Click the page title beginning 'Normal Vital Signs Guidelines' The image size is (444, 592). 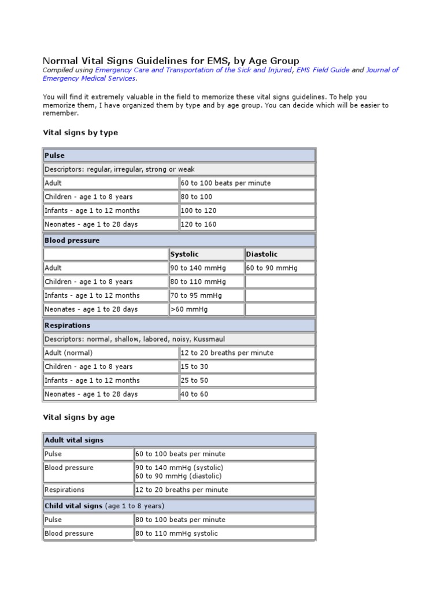coord(171,61)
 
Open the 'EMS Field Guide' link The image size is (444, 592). coord(323,70)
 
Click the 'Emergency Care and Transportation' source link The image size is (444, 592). coord(194,70)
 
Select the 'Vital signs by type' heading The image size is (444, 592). coord(80,132)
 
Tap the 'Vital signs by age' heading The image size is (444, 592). coord(79,417)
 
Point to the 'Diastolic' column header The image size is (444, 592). coord(262,254)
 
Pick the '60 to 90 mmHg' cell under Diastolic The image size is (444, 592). coord(272,268)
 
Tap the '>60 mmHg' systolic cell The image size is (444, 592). coord(189,309)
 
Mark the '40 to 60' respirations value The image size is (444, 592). coord(194,394)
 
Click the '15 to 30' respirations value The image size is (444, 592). coord(194,367)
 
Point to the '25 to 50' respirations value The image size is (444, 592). coord(194,380)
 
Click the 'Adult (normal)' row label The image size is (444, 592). coord(68,353)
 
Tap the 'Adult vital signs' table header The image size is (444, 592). coord(74,441)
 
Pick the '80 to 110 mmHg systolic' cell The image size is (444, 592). coord(176,534)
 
